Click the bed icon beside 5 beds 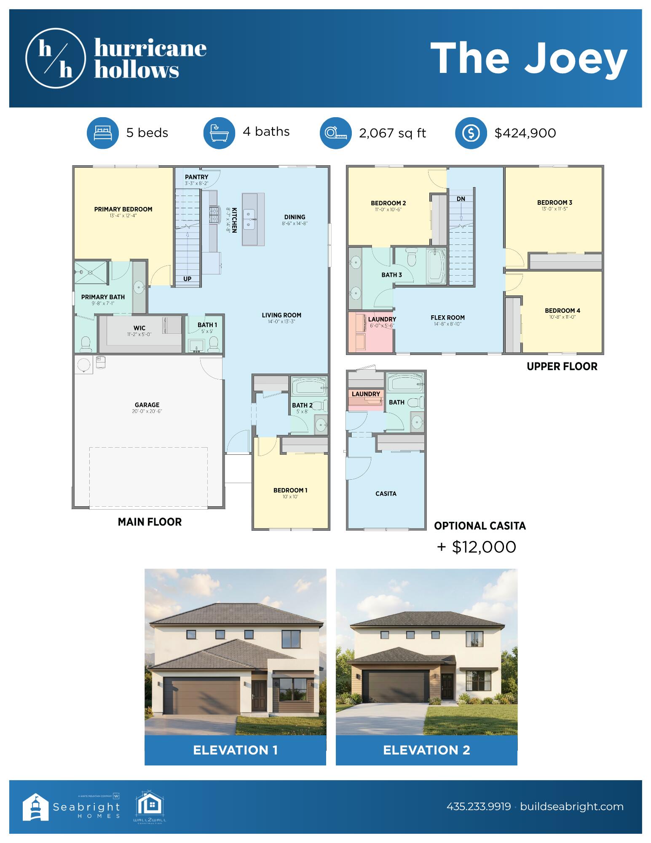103,133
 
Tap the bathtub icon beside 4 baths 219,133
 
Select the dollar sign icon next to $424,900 471,133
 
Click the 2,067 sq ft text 392,133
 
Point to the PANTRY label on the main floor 196,177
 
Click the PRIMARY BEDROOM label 123,209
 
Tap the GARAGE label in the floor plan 147,405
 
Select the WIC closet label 139,328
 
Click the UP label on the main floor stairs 188,279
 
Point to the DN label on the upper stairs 461,199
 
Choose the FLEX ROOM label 447,318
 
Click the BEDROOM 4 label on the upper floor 562,311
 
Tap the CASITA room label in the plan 386,494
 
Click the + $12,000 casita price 477,547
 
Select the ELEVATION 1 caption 235,750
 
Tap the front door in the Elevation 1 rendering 258,695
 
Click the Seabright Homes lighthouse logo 35,807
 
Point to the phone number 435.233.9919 479,807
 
